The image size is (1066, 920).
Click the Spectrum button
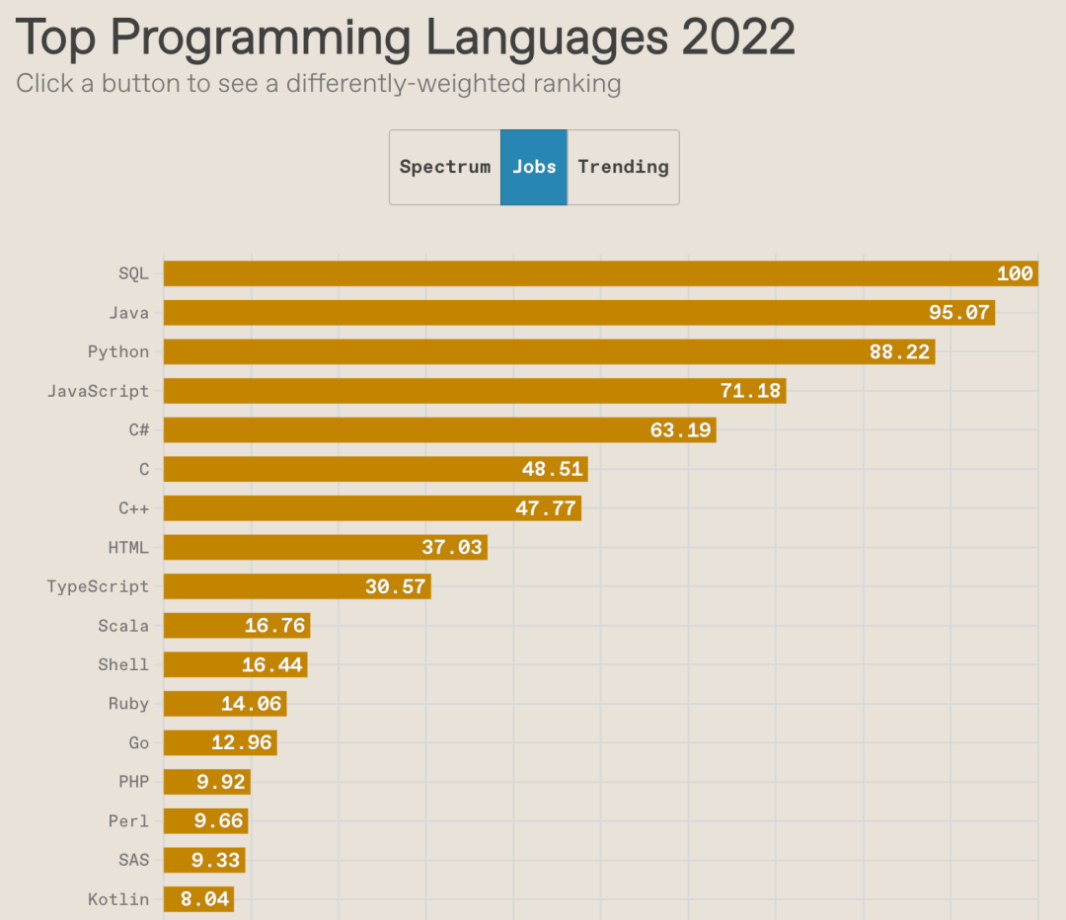445,167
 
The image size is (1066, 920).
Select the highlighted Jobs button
534,167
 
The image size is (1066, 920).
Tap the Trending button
623,167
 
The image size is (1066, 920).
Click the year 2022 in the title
738,38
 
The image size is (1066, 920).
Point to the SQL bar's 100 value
1015,273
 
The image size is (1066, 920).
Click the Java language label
129,313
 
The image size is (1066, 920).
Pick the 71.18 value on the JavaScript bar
750,391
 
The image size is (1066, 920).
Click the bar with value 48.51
375,469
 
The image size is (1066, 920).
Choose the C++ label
133,508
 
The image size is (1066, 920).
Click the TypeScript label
98,586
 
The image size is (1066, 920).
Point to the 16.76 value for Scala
274,626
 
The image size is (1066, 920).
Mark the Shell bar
235,664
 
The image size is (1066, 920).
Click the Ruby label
128,704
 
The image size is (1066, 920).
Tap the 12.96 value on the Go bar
241,742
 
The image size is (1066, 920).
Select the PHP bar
206,782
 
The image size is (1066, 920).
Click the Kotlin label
118,899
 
